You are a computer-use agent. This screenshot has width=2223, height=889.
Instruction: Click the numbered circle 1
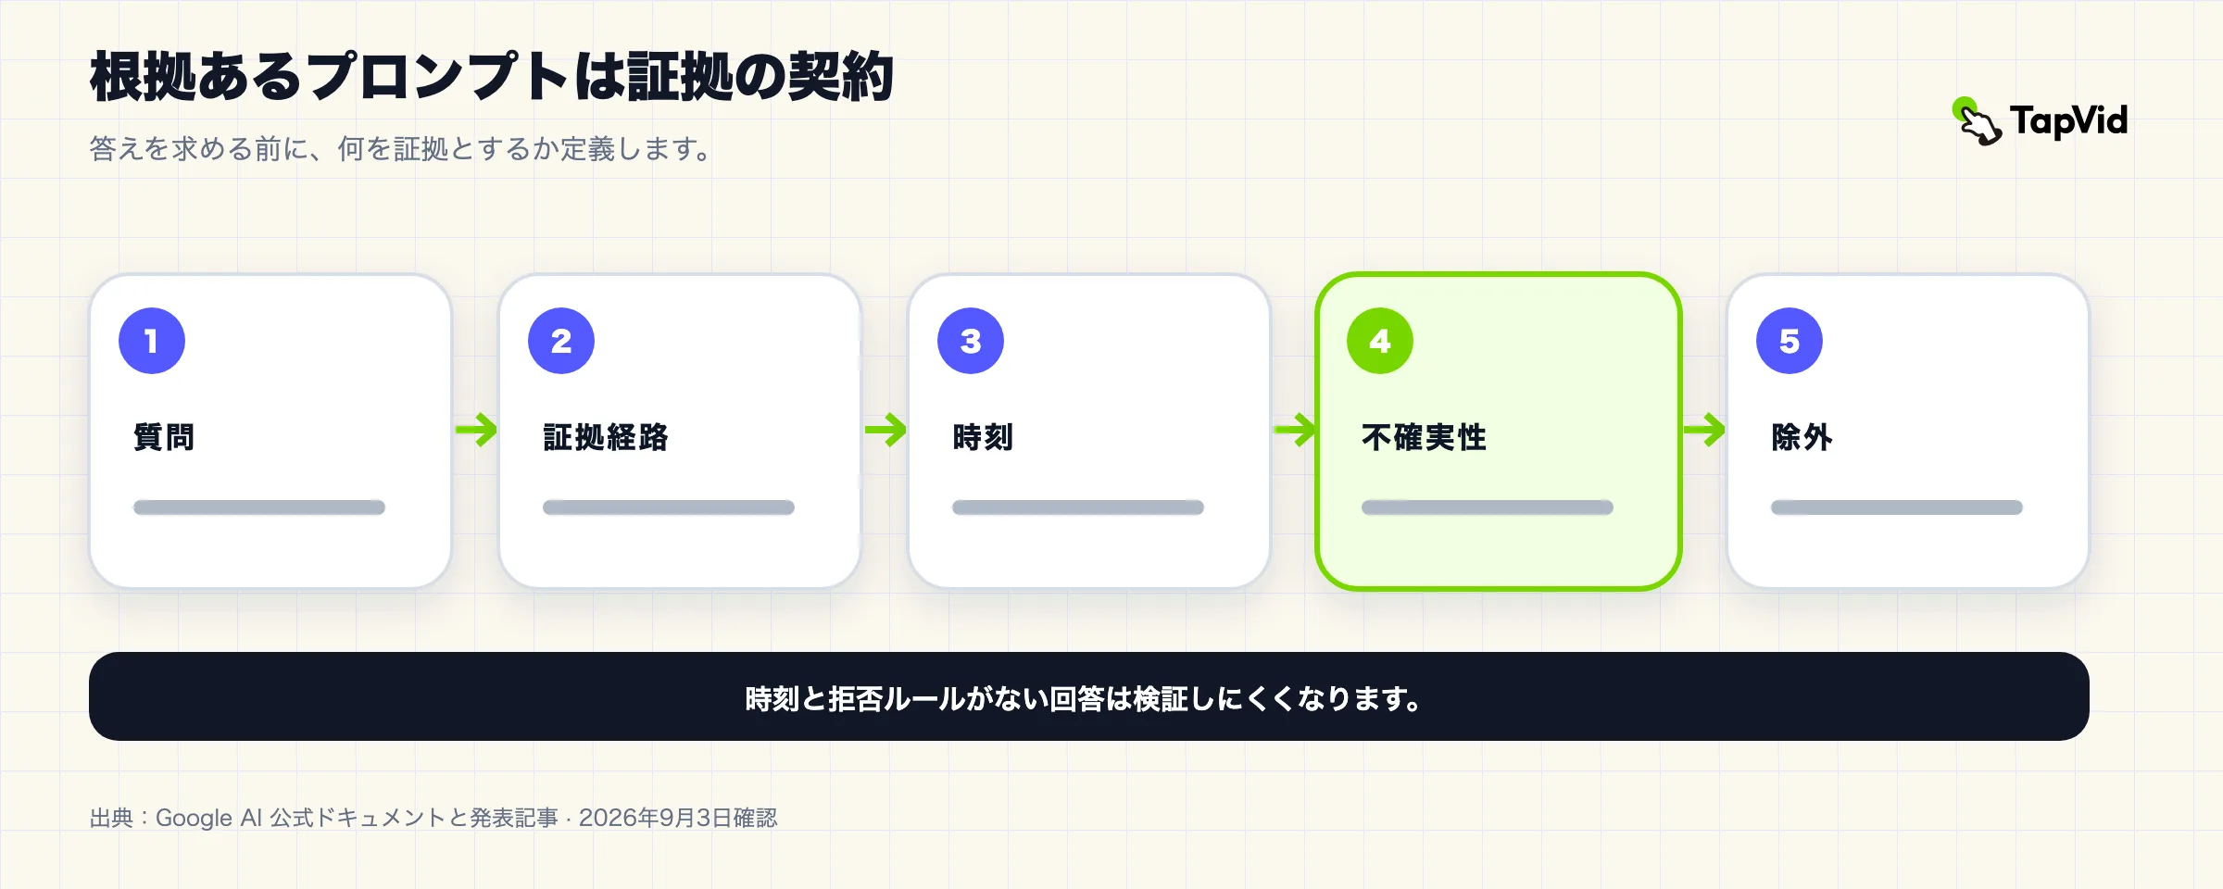click(152, 341)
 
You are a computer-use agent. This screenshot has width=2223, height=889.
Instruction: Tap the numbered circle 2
click(561, 341)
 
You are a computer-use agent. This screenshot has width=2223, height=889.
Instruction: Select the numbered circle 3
click(971, 341)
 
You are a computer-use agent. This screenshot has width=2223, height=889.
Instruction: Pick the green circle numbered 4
click(1380, 341)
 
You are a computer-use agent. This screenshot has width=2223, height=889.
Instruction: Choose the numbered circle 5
click(1790, 341)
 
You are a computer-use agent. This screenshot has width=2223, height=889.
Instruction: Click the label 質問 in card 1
click(164, 437)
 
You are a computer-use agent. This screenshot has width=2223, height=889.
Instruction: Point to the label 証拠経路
click(606, 437)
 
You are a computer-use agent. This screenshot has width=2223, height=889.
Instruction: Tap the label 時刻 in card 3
click(983, 437)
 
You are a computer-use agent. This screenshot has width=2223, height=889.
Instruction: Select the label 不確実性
click(1424, 437)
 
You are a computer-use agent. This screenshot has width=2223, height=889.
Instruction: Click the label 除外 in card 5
click(1802, 437)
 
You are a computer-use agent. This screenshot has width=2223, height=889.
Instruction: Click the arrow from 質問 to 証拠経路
click(476, 430)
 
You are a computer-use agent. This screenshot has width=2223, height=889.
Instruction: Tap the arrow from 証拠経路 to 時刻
click(885, 430)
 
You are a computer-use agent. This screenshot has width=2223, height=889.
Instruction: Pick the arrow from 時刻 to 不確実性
click(1295, 430)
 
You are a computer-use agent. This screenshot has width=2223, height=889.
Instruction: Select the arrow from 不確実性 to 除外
click(1704, 430)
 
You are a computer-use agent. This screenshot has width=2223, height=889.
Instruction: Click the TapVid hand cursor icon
click(1977, 122)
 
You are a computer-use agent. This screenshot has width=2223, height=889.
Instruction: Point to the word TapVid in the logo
click(2068, 121)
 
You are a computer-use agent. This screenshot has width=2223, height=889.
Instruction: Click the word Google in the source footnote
click(194, 819)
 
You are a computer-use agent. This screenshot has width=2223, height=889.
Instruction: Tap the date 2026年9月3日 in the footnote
click(655, 818)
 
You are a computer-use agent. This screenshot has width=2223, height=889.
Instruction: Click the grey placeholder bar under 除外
click(1897, 507)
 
